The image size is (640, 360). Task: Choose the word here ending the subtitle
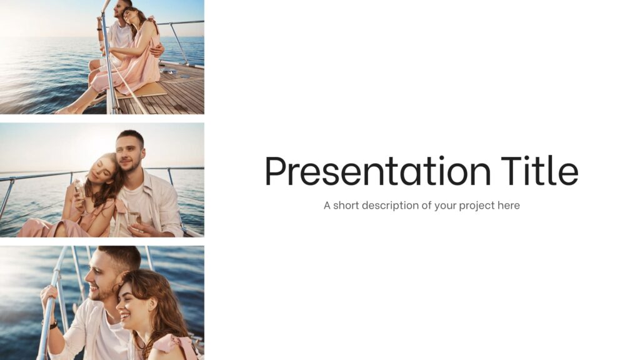click(x=509, y=205)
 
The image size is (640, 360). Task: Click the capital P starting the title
click(x=275, y=171)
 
